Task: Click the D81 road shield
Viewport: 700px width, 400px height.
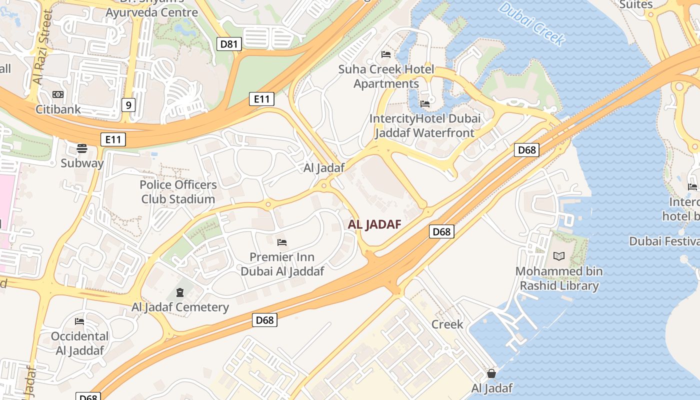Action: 229,44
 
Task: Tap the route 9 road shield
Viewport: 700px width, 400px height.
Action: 128,105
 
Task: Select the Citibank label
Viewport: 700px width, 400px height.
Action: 58,108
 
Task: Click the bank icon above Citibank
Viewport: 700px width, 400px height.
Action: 58,94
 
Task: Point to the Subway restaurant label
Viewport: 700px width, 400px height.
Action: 82,163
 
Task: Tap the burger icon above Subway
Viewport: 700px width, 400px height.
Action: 82,148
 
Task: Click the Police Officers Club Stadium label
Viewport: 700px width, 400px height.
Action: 178,192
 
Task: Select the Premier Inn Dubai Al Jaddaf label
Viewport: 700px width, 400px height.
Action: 282,264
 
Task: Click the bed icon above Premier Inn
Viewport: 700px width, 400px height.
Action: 282,243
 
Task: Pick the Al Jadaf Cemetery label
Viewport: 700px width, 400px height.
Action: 180,307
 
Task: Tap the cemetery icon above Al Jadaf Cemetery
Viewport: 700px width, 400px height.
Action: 179,292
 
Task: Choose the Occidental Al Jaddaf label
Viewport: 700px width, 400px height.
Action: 79,343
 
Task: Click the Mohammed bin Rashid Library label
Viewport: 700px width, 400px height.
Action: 559,278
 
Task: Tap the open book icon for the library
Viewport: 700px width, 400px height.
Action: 559,256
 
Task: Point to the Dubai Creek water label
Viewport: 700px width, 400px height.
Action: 532,23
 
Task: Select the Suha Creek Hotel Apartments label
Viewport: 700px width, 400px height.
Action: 386,76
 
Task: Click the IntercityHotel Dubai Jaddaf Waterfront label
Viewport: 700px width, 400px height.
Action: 424,125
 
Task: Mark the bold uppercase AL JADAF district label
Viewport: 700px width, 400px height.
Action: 374,224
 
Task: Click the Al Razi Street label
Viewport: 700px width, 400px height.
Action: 42,47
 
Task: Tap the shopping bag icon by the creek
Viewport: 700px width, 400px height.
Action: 491,373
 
